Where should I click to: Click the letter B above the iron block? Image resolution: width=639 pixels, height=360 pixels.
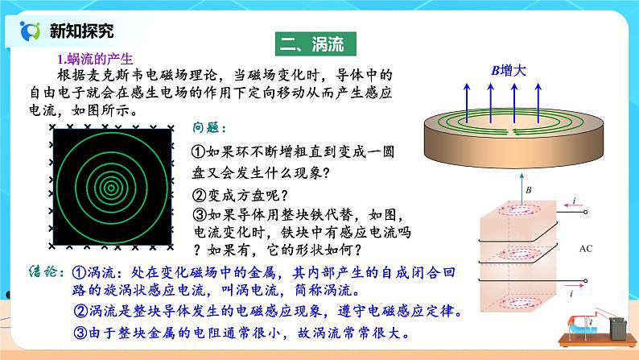[x=528, y=190]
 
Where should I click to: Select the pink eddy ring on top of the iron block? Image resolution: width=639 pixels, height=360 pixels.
[x=521, y=210]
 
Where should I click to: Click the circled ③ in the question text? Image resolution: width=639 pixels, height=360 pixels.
[x=201, y=214]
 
